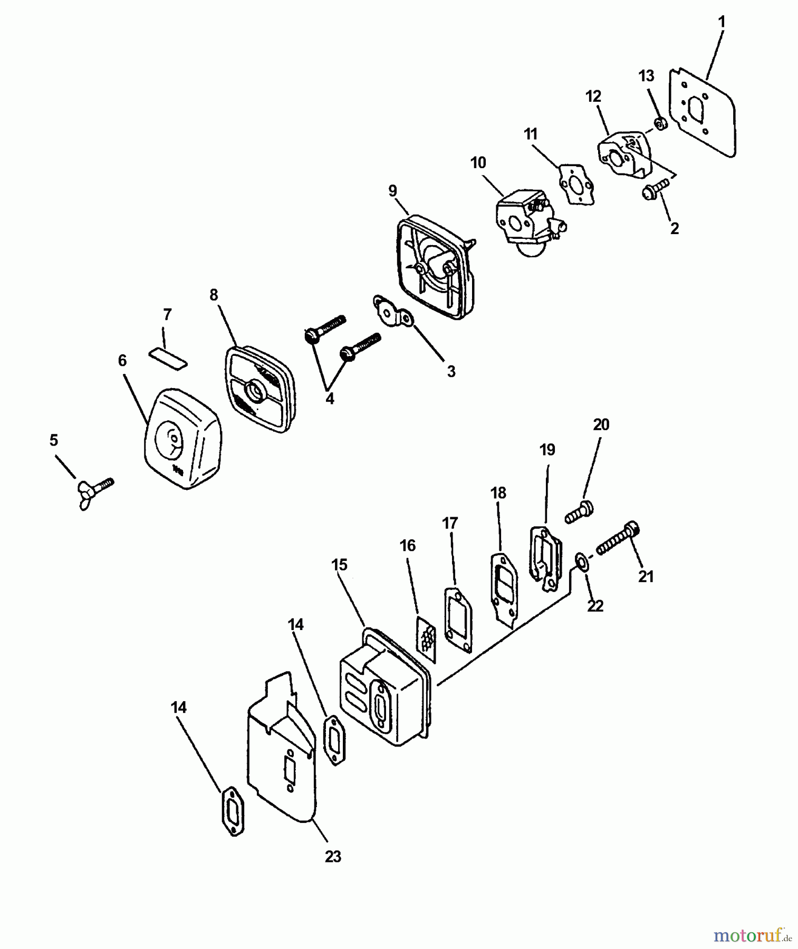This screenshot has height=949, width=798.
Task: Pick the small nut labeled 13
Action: tap(660, 124)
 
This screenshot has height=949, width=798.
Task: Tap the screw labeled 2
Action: tap(655, 189)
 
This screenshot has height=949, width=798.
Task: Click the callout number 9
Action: tap(392, 190)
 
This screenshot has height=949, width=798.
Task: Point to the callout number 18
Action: tap(498, 492)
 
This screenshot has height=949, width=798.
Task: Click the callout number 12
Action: tap(593, 96)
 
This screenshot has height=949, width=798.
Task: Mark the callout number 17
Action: tap(450, 523)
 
